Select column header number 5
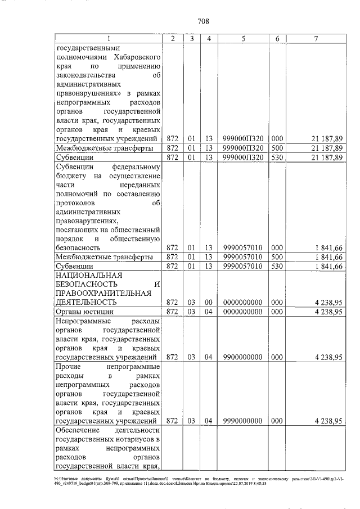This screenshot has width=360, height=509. click(x=242, y=38)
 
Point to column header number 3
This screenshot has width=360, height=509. click(x=192, y=38)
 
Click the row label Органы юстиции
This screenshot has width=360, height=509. click(x=84, y=312)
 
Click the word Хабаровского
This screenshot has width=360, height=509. click(x=137, y=57)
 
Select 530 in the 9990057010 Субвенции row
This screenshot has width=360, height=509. click(x=276, y=266)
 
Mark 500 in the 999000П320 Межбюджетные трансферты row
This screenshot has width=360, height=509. click(x=276, y=148)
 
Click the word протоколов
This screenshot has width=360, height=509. click(x=80, y=202)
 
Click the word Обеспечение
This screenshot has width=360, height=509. click(x=81, y=430)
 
